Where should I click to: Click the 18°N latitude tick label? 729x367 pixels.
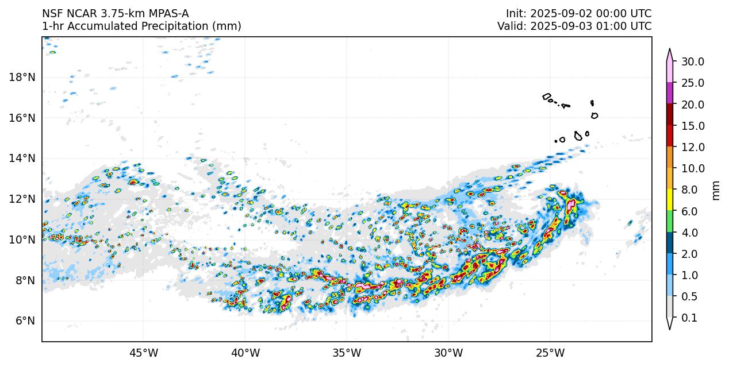point(21,77)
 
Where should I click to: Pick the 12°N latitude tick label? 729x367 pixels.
point(21,199)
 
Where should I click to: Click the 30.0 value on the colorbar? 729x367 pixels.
point(693,61)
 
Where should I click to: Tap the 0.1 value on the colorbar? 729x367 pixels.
point(689,318)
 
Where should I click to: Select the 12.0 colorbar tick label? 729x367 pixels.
point(693,147)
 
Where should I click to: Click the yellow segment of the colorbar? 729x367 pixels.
point(670,200)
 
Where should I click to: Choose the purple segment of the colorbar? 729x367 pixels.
point(670,93)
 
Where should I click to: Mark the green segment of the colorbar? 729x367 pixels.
point(670,221)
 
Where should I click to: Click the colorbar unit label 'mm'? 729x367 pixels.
point(716,190)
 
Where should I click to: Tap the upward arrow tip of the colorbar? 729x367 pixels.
point(670,50)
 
